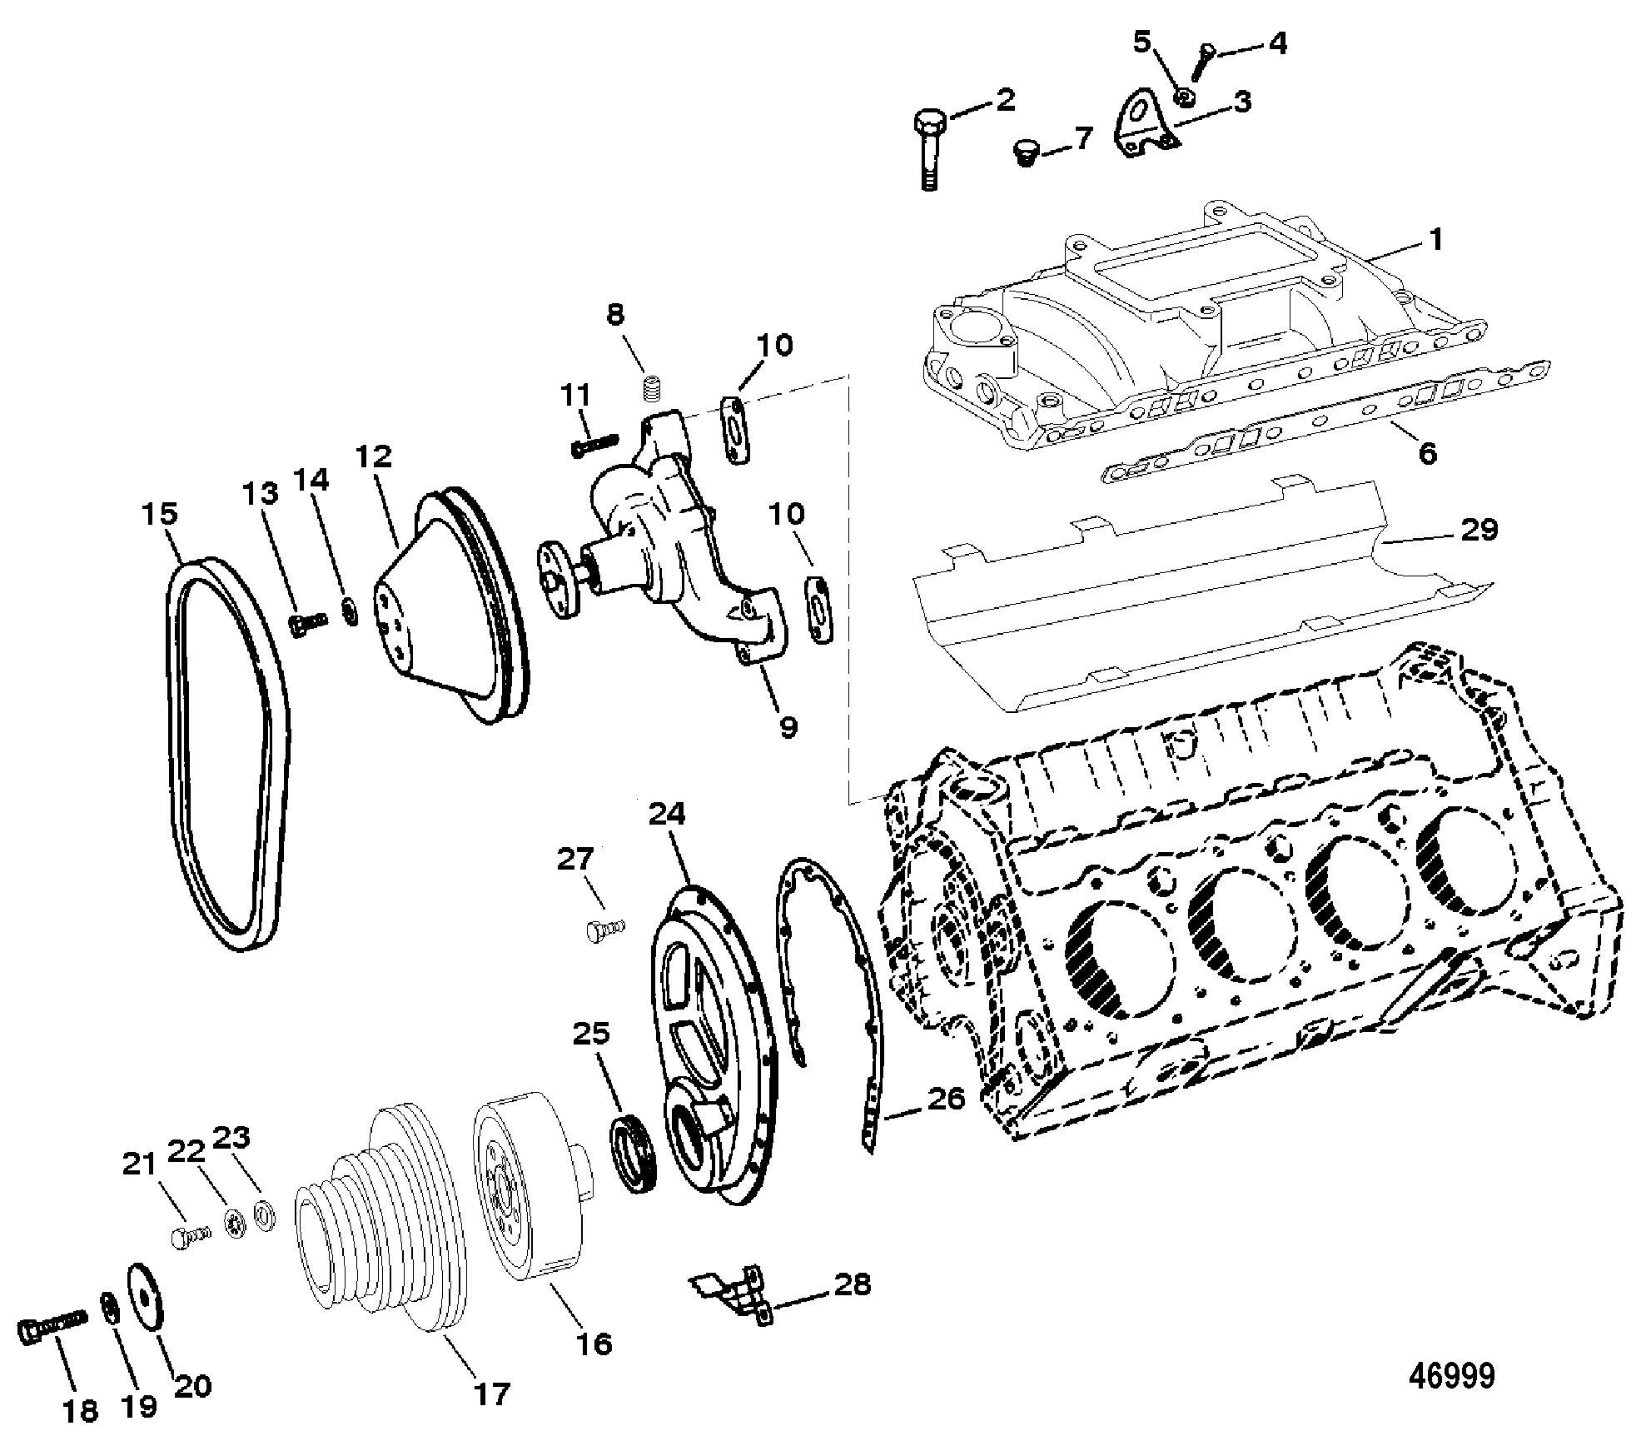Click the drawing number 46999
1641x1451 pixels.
point(1451,1376)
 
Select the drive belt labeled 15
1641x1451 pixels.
point(226,755)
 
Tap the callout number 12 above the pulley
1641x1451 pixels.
point(373,456)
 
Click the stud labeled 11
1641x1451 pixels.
point(597,445)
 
